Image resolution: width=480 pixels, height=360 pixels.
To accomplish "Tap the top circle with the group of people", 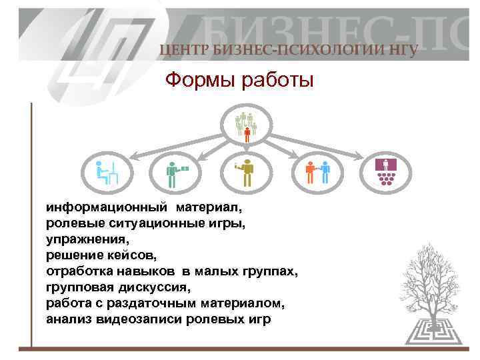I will tap(246, 125).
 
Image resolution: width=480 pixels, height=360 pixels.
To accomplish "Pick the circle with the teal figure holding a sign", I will tap(175, 172).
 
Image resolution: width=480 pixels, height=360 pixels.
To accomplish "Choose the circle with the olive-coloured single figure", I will tap(245, 172).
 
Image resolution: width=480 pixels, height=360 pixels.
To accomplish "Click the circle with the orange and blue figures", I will tap(317, 172).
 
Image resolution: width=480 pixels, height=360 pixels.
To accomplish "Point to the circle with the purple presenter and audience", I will tap(385, 172).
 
